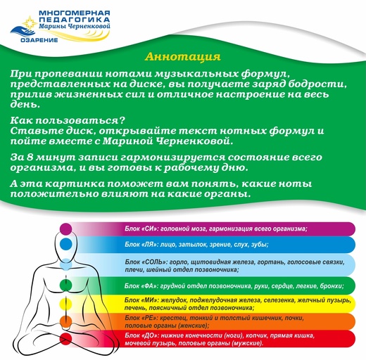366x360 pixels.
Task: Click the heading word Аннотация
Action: (x=183, y=57)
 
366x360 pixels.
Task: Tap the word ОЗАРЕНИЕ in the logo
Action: (x=39, y=40)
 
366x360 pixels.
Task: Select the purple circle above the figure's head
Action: (x=65, y=229)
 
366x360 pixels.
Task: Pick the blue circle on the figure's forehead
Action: (x=65, y=244)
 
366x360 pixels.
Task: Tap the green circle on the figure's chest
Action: (x=65, y=285)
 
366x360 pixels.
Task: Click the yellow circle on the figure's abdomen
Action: (x=65, y=304)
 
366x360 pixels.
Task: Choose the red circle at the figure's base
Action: (x=65, y=338)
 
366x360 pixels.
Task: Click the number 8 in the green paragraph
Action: (x=30, y=157)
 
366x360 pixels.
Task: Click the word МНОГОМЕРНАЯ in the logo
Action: (x=75, y=13)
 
